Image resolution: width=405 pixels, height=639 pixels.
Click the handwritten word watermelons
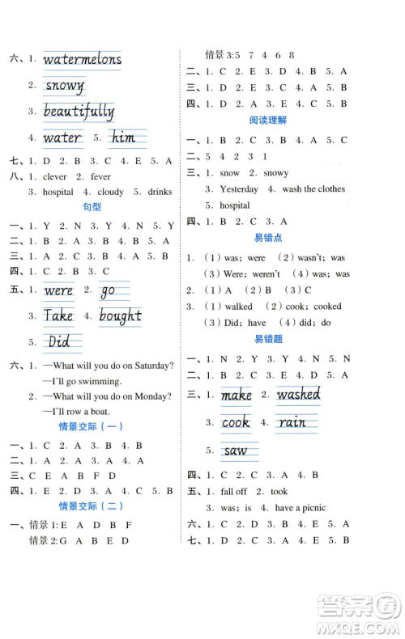[x=82, y=59]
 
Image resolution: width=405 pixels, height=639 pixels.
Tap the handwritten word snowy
[x=65, y=85]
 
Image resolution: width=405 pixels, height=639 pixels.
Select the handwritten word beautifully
[x=79, y=112]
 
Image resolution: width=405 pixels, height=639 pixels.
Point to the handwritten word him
[x=122, y=138]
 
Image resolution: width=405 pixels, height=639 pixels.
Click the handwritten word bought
[x=120, y=315]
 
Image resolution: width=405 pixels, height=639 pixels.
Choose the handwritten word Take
[x=59, y=315]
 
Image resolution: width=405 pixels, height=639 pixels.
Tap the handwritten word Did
[x=59, y=341]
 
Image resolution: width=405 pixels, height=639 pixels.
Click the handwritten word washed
[x=298, y=396]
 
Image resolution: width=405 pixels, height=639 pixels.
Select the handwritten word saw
[x=236, y=451]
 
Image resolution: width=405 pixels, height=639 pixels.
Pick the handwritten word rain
[x=292, y=423]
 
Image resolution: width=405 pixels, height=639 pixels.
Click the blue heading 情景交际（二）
[x=92, y=506]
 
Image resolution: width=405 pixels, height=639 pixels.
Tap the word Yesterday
[x=240, y=189]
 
